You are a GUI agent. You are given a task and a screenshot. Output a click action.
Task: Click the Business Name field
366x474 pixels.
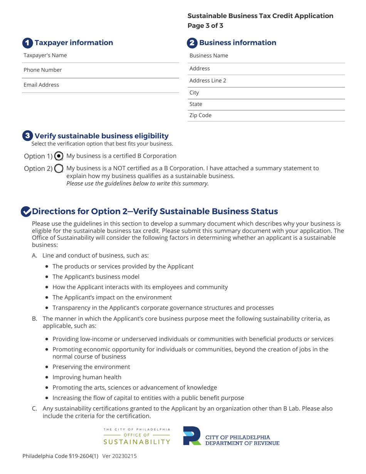click(x=266, y=56)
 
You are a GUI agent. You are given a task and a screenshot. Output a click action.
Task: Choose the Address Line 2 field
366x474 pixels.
click(x=266, y=81)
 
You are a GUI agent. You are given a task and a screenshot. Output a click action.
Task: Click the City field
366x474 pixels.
click(x=266, y=93)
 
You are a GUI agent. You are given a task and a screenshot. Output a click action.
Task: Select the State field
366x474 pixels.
click(x=266, y=104)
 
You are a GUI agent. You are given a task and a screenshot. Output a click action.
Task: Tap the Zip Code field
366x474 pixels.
click(x=266, y=116)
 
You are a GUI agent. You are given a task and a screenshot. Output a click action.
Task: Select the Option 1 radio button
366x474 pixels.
click(x=59, y=156)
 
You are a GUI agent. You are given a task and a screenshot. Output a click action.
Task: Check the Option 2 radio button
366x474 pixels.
click(x=59, y=169)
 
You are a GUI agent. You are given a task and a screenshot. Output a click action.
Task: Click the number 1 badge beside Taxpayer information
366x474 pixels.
click(x=27, y=43)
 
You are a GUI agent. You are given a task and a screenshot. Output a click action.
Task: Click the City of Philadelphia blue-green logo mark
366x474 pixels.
click(x=192, y=436)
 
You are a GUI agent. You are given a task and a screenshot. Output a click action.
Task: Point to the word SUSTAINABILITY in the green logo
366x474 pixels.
click(x=137, y=442)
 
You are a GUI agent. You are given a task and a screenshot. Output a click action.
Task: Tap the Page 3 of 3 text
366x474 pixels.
click(x=205, y=26)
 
